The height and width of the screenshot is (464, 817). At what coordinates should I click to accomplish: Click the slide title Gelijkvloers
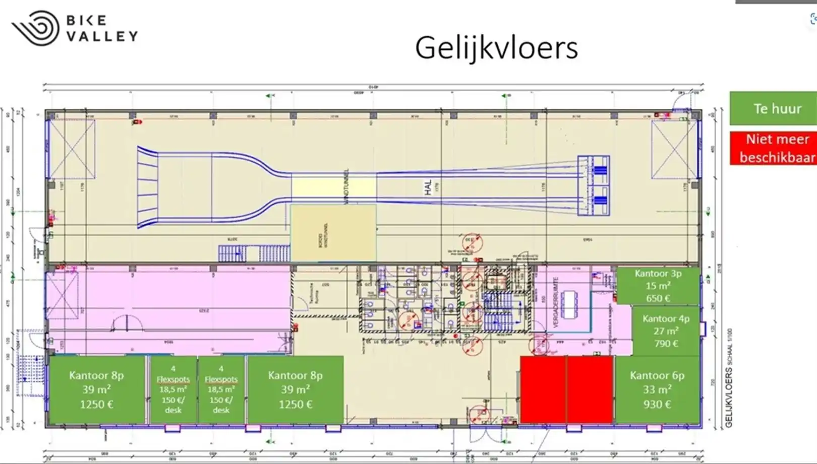point(496,48)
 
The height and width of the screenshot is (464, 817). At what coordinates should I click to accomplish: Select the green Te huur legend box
point(773,108)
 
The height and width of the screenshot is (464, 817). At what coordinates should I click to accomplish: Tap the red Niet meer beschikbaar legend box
point(773,148)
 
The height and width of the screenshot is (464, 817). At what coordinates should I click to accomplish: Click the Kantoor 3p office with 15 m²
point(658,286)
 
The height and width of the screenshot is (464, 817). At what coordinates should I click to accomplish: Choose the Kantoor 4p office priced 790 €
point(666,331)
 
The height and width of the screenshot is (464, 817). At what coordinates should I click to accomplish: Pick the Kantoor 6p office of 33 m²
point(657,389)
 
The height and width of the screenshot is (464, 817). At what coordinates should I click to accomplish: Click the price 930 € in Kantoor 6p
point(657,404)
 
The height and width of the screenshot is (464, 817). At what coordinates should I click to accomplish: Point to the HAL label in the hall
point(428,188)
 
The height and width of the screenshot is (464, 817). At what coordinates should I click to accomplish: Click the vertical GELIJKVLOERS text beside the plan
point(729,398)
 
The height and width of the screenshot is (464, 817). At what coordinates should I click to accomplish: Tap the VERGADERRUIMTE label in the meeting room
point(556,302)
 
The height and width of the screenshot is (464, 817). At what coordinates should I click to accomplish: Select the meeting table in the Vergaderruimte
point(569,304)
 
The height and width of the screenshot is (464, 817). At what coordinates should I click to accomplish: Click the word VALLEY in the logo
point(102,36)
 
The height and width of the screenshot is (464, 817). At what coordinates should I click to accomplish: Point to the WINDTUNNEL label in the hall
point(346,186)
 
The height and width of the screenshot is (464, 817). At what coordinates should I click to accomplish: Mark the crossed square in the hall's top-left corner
point(72,149)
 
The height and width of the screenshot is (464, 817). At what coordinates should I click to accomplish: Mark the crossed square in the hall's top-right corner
point(674,150)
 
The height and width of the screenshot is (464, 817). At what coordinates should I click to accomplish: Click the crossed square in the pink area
point(62,296)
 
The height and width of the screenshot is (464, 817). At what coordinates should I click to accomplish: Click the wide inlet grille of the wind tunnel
point(148,187)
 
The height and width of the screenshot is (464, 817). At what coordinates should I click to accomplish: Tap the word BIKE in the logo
point(87,20)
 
